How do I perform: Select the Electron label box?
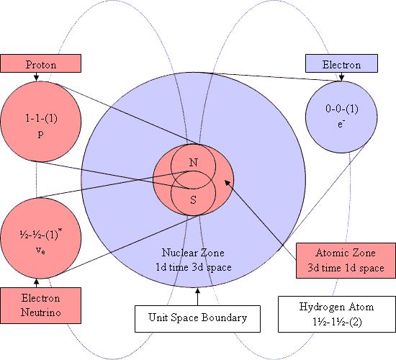click(x=341, y=65)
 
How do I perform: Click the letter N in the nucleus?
click(x=193, y=163)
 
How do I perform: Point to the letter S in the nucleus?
click(x=193, y=199)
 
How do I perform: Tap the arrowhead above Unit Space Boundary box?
click(x=197, y=292)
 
